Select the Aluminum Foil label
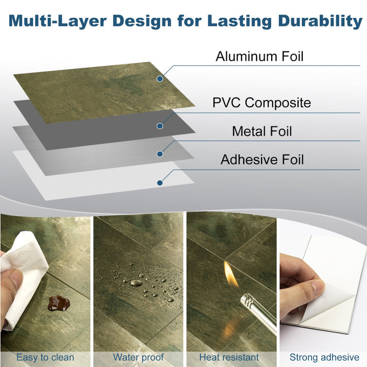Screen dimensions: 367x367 pos(259,56)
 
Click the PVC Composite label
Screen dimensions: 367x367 pos(261,102)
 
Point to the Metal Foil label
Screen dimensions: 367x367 pos(262,131)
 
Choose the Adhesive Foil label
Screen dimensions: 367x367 pos(262,160)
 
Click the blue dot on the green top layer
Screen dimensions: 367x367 pos(160,79)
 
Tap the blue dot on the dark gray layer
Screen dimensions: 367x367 pos(160,125)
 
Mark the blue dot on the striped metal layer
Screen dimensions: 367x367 pos(160,153)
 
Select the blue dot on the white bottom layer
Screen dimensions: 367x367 pos(160,182)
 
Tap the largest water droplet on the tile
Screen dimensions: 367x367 pos(137,282)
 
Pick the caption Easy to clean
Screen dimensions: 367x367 pos(45,357)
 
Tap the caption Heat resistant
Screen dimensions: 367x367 pos(229,357)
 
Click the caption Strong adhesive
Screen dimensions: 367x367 pos(324,357)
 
